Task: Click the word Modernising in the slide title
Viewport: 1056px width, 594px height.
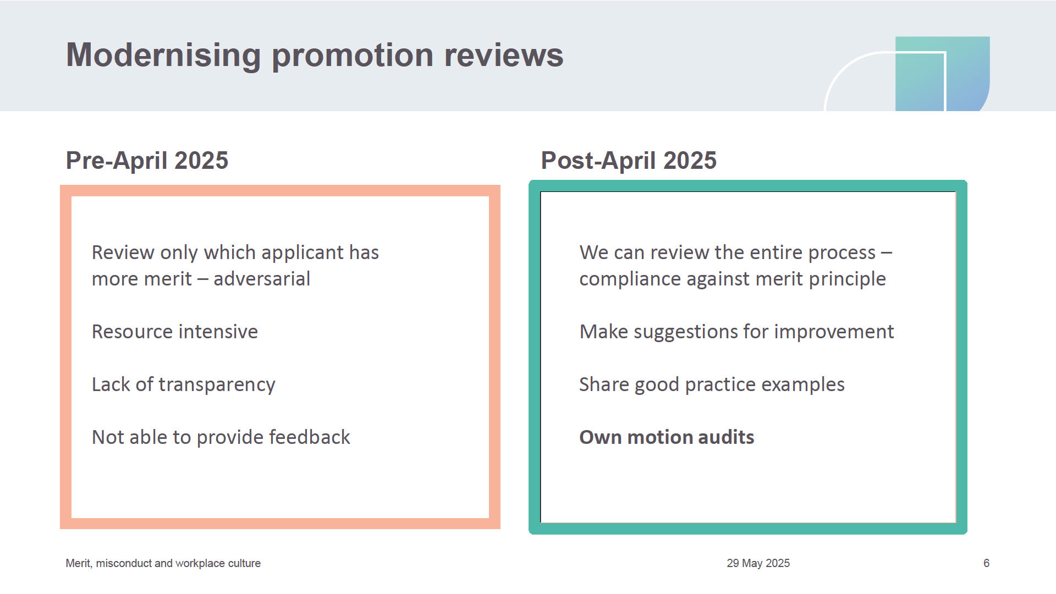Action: (163, 56)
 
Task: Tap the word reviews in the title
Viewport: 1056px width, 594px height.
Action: (503, 55)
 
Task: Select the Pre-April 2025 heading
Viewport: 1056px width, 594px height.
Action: (147, 161)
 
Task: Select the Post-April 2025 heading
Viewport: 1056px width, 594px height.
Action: (629, 161)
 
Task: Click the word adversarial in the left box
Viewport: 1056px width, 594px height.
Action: (262, 279)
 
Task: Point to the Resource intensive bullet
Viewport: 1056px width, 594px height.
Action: (175, 332)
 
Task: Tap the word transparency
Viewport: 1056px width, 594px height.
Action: (217, 385)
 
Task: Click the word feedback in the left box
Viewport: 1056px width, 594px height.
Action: (310, 437)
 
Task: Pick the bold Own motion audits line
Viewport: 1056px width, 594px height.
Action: (667, 437)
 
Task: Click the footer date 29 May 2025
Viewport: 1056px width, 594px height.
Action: (758, 563)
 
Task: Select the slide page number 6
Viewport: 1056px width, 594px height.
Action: (987, 563)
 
